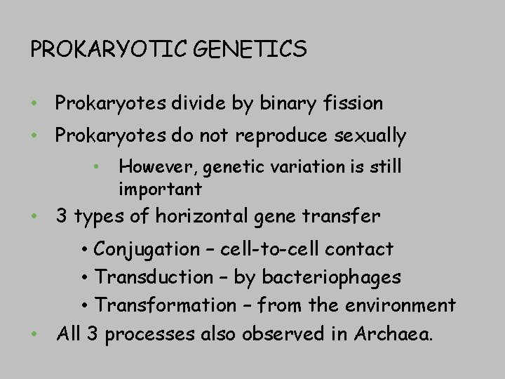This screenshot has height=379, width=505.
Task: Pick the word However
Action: point(149,167)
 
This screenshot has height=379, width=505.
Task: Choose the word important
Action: point(160,189)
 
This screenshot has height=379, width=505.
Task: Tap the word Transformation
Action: point(166,305)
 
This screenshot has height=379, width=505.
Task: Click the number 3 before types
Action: point(62,217)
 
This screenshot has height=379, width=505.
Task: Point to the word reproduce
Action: point(278,135)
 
